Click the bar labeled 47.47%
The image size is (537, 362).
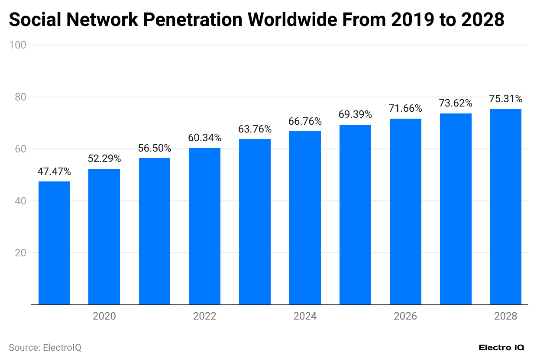54,243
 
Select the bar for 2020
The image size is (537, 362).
104,236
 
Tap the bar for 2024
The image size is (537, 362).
305,218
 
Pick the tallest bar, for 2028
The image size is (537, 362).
505,207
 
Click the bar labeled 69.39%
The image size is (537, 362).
355,214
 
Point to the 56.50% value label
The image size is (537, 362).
155,148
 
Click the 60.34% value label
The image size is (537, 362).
204,138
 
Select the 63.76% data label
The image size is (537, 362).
255,129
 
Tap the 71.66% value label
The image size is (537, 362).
405,109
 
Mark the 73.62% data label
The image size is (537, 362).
456,103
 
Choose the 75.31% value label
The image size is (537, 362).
505,99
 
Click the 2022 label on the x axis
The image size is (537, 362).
204,317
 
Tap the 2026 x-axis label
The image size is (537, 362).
405,317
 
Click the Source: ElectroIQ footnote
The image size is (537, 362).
45,348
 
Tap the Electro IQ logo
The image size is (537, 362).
501,348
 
